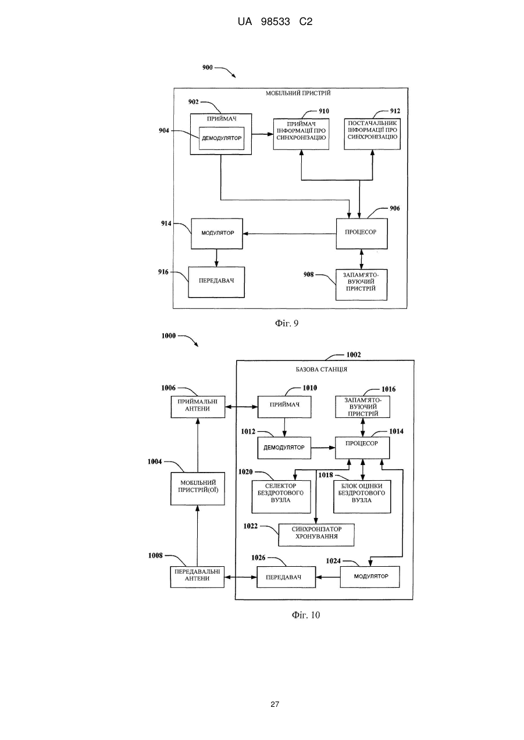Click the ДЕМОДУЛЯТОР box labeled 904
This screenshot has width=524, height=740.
pyautogui.click(x=222, y=138)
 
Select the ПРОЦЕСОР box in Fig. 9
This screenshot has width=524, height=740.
pyautogui.click(x=362, y=234)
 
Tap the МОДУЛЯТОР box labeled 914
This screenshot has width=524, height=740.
pyautogui.click(x=217, y=234)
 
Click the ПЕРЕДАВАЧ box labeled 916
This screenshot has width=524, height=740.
pyautogui.click(x=216, y=282)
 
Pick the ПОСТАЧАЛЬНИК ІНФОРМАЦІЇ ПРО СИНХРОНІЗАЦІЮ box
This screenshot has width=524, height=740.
pyautogui.click(x=372, y=134)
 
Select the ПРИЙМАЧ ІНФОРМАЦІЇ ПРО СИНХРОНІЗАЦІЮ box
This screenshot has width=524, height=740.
pyautogui.click(x=301, y=134)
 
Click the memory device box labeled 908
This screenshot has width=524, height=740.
pyautogui.click(x=361, y=284)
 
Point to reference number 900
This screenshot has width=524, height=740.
pyautogui.click(x=207, y=67)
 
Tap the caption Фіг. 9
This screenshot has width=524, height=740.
pyautogui.click(x=287, y=323)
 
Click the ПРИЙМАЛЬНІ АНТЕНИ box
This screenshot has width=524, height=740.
pyautogui.click(x=198, y=407)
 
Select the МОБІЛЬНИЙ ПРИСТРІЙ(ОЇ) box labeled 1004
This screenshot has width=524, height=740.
pyautogui.click(x=198, y=489)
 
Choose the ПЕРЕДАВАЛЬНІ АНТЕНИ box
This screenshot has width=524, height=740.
pyautogui.click(x=197, y=577)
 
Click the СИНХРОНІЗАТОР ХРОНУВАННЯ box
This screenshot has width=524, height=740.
pyautogui.click(x=316, y=535)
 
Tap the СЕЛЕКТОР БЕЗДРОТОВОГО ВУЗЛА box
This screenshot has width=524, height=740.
pyautogui.click(x=281, y=496)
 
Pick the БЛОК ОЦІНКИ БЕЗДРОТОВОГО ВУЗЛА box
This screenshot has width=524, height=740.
pyautogui.click(x=362, y=496)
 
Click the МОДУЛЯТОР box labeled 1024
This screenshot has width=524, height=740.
pyautogui.click(x=370, y=577)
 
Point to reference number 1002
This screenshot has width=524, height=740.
pyautogui.click(x=354, y=355)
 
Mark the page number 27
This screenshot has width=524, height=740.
pyautogui.click(x=275, y=705)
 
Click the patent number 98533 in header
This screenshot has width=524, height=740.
pyautogui.click(x=276, y=22)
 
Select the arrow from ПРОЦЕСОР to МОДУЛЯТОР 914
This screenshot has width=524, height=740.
pyautogui.click(x=289, y=234)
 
